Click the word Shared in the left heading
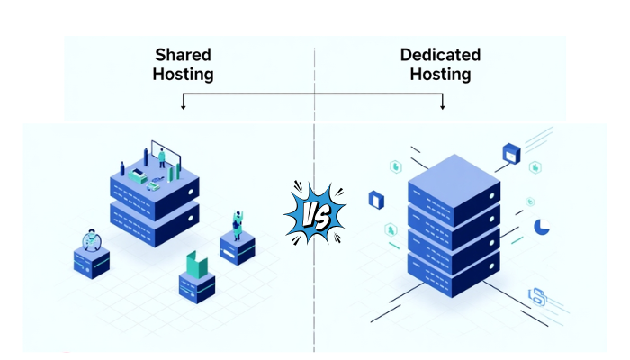184,55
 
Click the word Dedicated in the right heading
440,55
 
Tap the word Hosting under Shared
184,74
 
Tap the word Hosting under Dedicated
440,74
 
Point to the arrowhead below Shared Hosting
184,106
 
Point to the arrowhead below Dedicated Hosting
443,106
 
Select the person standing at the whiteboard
162,158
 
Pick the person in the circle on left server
90,240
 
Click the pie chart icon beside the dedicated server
542,228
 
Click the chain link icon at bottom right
538,294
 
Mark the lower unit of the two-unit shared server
154,218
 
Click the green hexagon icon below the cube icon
536,167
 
